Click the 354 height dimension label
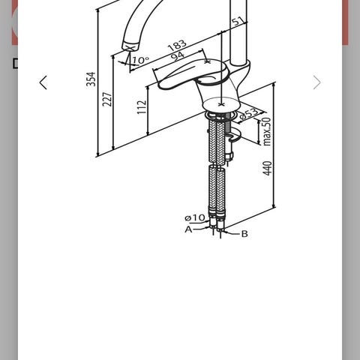[91, 79]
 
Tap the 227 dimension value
[107, 99]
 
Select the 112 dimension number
[142, 107]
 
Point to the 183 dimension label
[177, 45]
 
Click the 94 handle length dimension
[178, 56]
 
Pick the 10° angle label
[140, 60]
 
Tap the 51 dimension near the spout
[238, 21]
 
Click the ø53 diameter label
[249, 113]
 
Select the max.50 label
[267, 131]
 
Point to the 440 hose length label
[268, 168]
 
